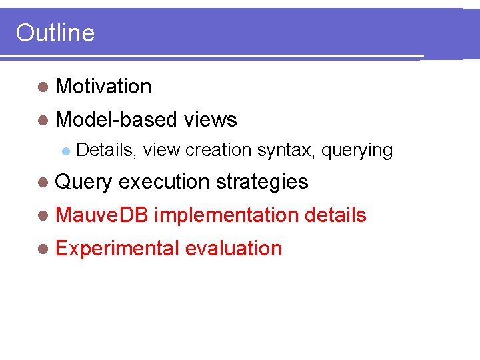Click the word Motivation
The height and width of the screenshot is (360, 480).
pos(104,87)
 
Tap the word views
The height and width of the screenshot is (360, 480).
pos(210,120)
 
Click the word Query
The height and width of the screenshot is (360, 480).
pos(84,182)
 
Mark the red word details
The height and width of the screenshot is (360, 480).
pos(335,215)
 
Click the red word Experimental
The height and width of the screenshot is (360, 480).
pos(117,249)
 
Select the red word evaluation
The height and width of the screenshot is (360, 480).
pos(234,249)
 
